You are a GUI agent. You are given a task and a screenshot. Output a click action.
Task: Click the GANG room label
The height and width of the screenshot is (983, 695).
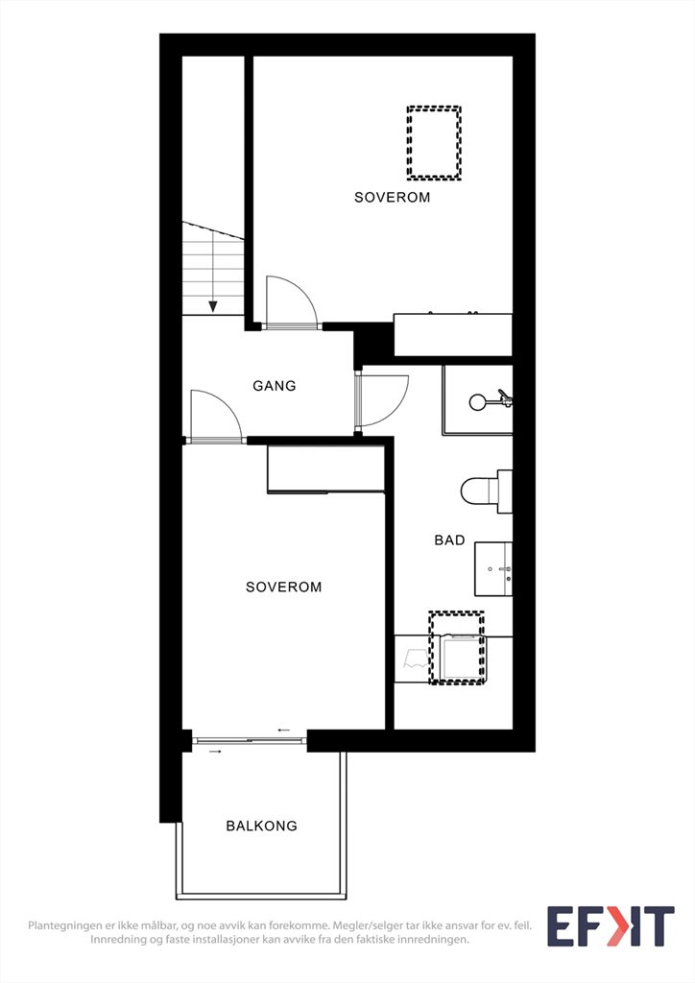pos(274,386)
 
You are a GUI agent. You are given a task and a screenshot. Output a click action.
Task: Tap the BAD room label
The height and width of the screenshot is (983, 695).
pos(449,539)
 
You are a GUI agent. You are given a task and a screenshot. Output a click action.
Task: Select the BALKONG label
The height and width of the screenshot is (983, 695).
pos(261,826)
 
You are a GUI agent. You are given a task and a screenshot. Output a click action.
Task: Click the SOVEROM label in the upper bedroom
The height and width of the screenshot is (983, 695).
pos(393,197)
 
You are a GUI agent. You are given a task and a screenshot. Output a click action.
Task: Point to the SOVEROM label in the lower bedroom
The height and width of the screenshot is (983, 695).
pos(283,587)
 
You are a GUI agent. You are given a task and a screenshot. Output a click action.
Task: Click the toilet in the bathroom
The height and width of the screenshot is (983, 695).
pos(487,491)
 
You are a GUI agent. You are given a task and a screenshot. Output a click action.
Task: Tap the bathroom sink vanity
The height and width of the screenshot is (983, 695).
pos(493,568)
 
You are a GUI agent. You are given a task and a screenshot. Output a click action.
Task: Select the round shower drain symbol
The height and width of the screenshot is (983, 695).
pos(477,402)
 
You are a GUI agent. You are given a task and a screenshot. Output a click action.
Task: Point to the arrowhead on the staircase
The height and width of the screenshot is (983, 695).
pos(213,306)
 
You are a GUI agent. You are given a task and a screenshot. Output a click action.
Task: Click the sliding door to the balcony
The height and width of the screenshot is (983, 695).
pos(250,741)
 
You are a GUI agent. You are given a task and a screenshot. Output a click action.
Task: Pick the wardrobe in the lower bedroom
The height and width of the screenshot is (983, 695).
pos(325,468)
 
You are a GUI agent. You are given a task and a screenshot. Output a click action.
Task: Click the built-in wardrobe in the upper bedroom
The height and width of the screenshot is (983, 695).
pos(453,335)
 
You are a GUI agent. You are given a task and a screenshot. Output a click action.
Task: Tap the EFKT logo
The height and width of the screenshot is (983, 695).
pos(611,926)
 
